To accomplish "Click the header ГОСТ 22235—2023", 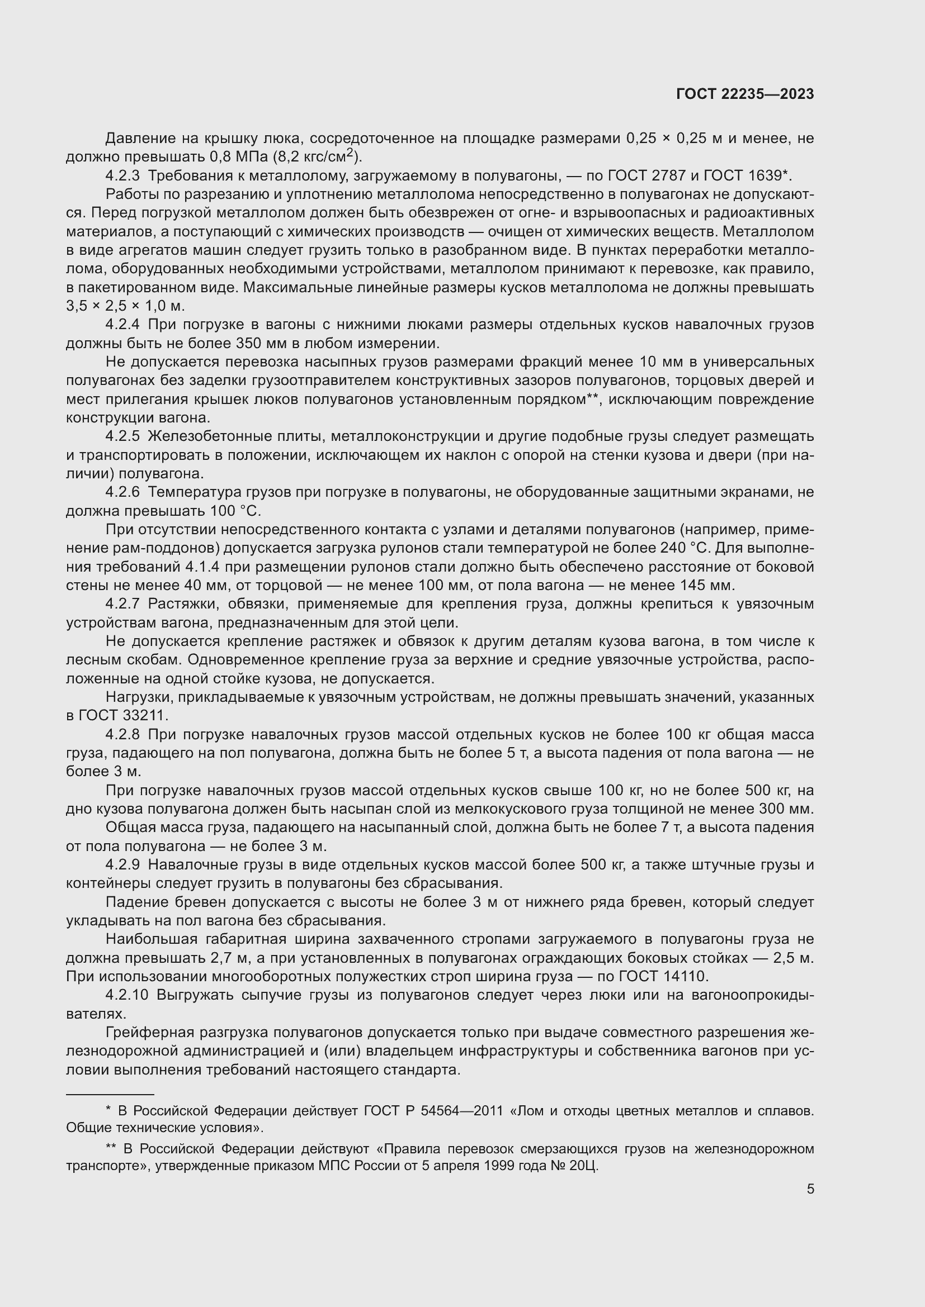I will [x=744, y=94].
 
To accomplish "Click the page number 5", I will [x=810, y=1189].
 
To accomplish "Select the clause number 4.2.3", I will [x=122, y=175].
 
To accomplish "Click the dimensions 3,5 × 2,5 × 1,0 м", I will [x=125, y=306].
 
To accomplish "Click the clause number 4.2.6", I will [x=122, y=492].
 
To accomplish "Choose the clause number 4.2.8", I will [x=122, y=734].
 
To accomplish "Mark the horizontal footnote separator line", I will [x=110, y=1094].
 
